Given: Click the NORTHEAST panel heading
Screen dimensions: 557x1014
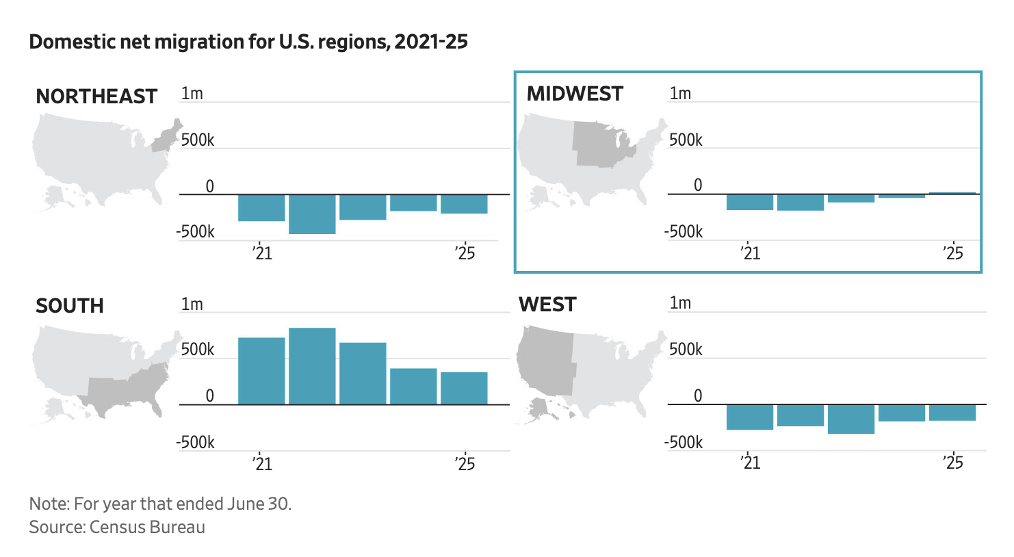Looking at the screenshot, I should tap(96, 96).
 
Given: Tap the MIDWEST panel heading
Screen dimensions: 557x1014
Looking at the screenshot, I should tap(575, 94).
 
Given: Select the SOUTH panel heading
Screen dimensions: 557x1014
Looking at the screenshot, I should tap(70, 306).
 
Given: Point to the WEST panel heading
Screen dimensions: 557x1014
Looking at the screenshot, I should tap(547, 305).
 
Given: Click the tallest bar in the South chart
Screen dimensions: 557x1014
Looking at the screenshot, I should tap(312, 366).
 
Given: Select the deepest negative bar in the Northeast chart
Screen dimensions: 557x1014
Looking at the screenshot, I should tap(312, 214).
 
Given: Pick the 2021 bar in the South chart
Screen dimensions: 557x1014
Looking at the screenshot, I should tap(261, 371).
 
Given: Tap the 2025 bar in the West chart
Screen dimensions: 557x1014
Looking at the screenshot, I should tap(952, 412).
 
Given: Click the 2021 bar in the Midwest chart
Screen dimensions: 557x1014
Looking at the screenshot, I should tap(750, 202).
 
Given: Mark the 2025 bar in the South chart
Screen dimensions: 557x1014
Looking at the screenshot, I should tap(464, 388).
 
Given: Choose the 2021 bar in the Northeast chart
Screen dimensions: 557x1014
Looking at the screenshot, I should tap(261, 207).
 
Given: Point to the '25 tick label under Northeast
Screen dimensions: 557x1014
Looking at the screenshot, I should tap(465, 253).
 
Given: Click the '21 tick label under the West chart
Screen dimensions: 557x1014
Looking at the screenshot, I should tap(750, 463).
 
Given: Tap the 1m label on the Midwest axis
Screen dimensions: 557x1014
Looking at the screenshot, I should tap(680, 94).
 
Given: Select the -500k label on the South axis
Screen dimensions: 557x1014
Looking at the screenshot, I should tap(196, 442).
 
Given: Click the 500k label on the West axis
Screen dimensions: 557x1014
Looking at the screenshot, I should tap(686, 350).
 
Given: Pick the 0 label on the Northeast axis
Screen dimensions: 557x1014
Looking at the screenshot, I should tap(209, 186).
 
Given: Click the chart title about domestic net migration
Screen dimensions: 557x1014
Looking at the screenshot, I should tap(248, 42).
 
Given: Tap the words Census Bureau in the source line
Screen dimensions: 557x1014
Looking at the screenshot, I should tap(147, 527).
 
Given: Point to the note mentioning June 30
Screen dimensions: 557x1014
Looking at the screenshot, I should tap(160, 504).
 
